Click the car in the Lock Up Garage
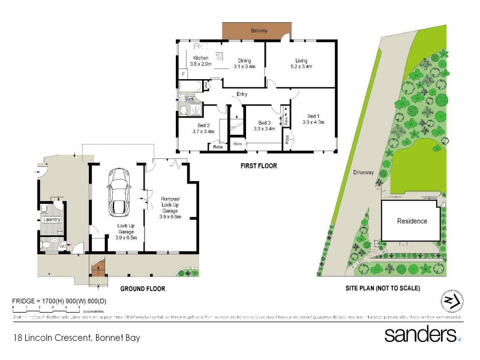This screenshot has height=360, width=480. (x=118, y=191)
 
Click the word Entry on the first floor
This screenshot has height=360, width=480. (x=242, y=94)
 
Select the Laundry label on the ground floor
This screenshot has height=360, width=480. (x=52, y=220)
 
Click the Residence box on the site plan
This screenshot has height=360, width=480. (x=412, y=221)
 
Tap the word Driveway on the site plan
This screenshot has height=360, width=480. (x=363, y=172)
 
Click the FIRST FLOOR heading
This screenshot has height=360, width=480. (x=259, y=166)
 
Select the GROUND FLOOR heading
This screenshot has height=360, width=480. (x=143, y=289)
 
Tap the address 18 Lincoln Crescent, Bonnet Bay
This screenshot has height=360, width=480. (x=76, y=338)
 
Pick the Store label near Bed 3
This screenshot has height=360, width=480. (x=238, y=144)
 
